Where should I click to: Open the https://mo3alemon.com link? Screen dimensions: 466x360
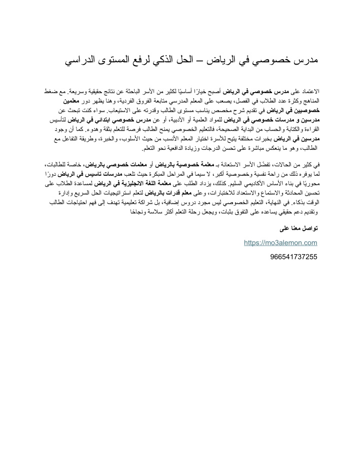tap(280, 243)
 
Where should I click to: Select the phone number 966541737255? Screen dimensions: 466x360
tap(293, 256)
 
